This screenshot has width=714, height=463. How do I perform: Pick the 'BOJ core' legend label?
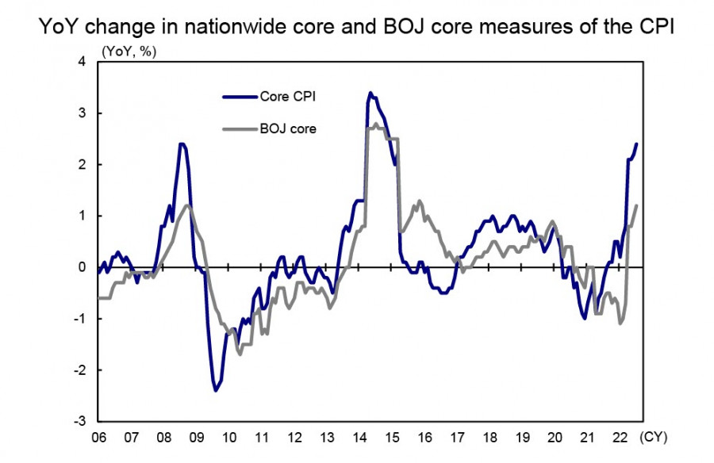(x=288, y=128)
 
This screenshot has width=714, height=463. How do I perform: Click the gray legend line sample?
(x=240, y=128)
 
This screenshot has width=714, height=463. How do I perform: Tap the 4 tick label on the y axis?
(x=82, y=62)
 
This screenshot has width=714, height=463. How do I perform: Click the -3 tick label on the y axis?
(x=79, y=421)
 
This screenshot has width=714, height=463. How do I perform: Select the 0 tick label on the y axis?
(x=82, y=267)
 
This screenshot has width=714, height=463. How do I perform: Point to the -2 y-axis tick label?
(x=79, y=370)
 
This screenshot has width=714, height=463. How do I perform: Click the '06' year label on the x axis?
(x=98, y=436)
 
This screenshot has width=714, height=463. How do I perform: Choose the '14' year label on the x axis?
(x=359, y=436)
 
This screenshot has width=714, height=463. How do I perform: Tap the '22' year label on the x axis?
(x=620, y=436)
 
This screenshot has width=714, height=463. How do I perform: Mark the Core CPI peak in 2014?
(x=370, y=93)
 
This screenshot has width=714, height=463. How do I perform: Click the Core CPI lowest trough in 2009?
(x=216, y=390)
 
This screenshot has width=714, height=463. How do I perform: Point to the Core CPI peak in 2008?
(x=182, y=143)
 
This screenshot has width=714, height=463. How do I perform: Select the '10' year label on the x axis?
(x=228, y=436)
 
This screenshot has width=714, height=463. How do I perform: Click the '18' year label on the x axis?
(x=489, y=436)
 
